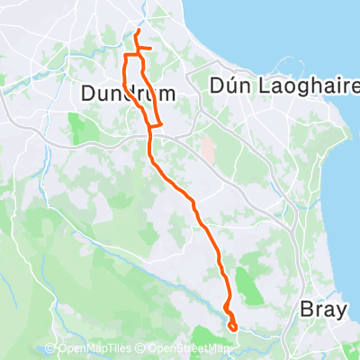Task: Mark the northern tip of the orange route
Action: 137,31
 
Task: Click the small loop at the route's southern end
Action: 232,326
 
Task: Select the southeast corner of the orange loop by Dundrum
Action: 159,125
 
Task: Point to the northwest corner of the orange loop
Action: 125,57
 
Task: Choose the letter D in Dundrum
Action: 87,93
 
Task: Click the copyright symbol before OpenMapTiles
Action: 51,349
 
